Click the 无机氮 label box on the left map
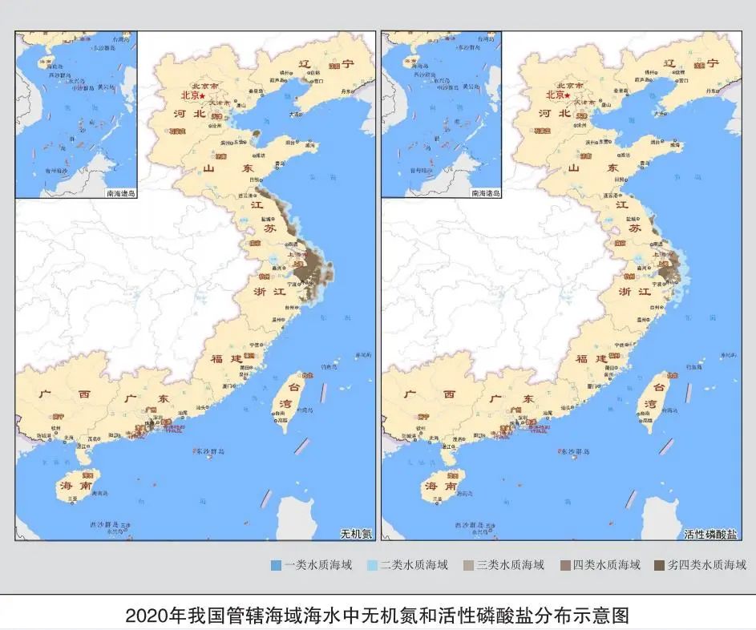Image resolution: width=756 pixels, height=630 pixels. pos(357,532)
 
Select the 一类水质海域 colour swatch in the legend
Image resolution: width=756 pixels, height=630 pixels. pos(275,565)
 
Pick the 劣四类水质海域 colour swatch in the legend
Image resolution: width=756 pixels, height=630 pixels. pos(659,565)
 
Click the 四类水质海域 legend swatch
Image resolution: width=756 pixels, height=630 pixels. pos(564,565)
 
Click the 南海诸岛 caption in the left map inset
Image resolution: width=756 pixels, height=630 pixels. pos(121,193)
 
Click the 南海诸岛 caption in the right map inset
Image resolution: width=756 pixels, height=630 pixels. pos(486,193)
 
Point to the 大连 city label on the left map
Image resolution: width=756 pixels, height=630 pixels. pos(297,115)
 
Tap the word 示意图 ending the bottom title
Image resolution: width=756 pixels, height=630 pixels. pos(605,616)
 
